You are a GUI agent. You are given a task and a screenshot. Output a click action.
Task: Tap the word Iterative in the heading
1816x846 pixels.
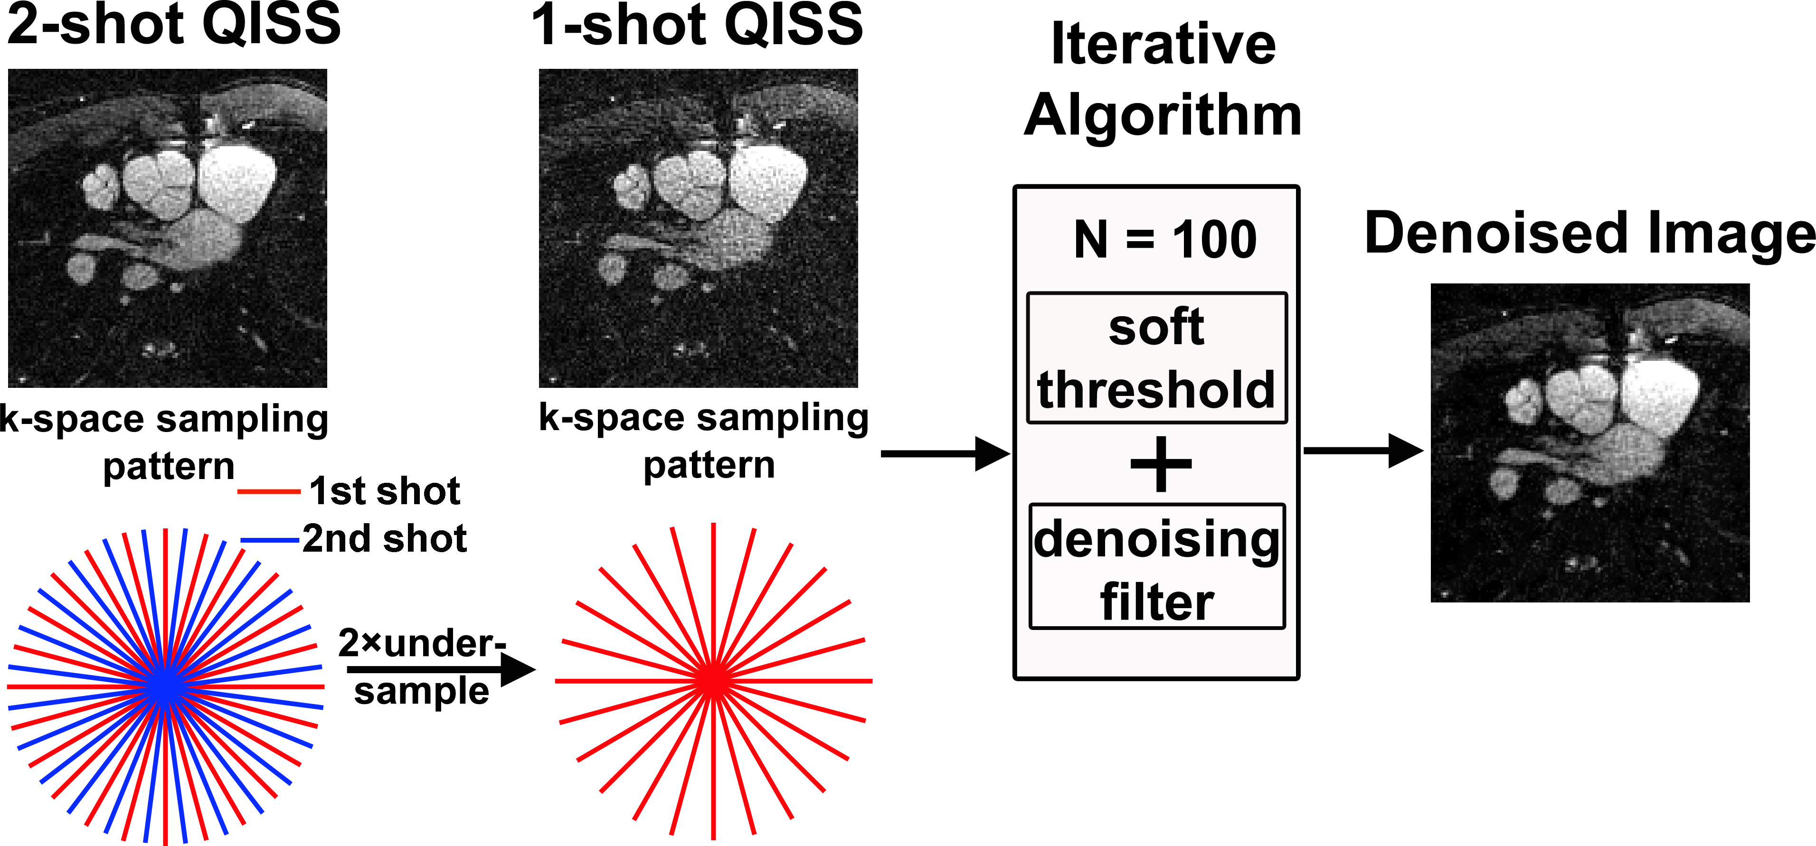tap(1163, 44)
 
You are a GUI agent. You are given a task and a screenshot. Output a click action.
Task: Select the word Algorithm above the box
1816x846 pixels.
tap(1163, 114)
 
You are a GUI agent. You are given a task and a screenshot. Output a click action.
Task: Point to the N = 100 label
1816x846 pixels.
tap(1164, 240)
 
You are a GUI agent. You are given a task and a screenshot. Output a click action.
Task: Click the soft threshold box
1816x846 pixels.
tap(1156, 358)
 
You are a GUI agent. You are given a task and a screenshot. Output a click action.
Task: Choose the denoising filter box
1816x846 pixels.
tap(1156, 566)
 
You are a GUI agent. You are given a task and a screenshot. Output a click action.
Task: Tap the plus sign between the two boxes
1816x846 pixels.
tap(1160, 464)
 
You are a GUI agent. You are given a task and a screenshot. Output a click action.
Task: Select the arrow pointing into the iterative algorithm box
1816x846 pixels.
tap(945, 453)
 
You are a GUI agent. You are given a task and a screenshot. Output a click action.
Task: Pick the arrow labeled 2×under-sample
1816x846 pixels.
tap(441, 669)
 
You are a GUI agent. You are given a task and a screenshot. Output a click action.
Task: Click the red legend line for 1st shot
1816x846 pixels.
tap(269, 491)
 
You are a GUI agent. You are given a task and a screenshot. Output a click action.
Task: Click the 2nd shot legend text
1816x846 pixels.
tap(384, 539)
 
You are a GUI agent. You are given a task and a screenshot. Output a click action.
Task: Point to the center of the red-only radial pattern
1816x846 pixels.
tap(713, 681)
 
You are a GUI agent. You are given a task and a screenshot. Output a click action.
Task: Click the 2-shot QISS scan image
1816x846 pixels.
tap(167, 228)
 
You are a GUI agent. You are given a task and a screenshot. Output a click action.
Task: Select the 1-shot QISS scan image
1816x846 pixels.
tap(698, 228)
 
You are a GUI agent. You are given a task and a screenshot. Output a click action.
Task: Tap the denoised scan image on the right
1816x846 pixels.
tap(1589, 443)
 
